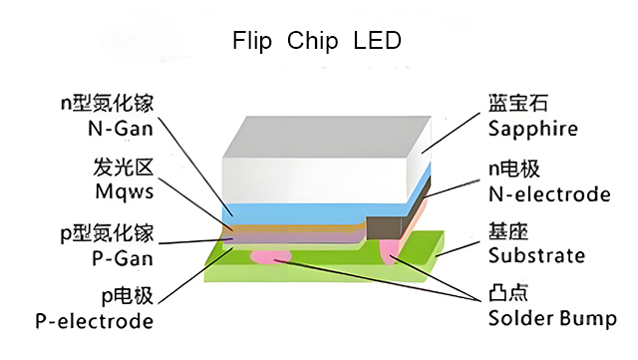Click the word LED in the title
click(377, 42)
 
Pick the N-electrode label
click(548, 193)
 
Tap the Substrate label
click(536, 256)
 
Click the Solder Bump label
click(552, 320)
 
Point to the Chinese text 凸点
click(508, 296)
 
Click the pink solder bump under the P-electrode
click(269, 257)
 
